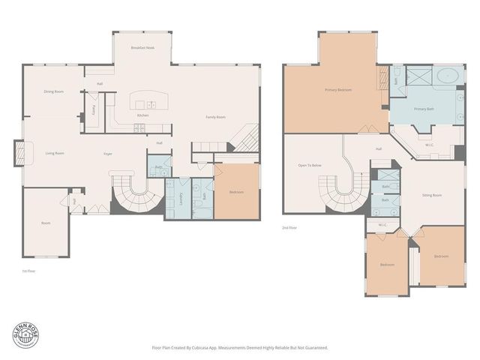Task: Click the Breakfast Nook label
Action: point(142,47)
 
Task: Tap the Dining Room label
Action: point(53,91)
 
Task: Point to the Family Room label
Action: point(216,117)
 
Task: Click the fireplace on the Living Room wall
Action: point(22,153)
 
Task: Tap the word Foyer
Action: point(108,154)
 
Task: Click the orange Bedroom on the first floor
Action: point(236,193)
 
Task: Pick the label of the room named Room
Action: point(45,223)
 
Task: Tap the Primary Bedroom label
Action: point(338,90)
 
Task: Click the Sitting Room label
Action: point(431,195)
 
